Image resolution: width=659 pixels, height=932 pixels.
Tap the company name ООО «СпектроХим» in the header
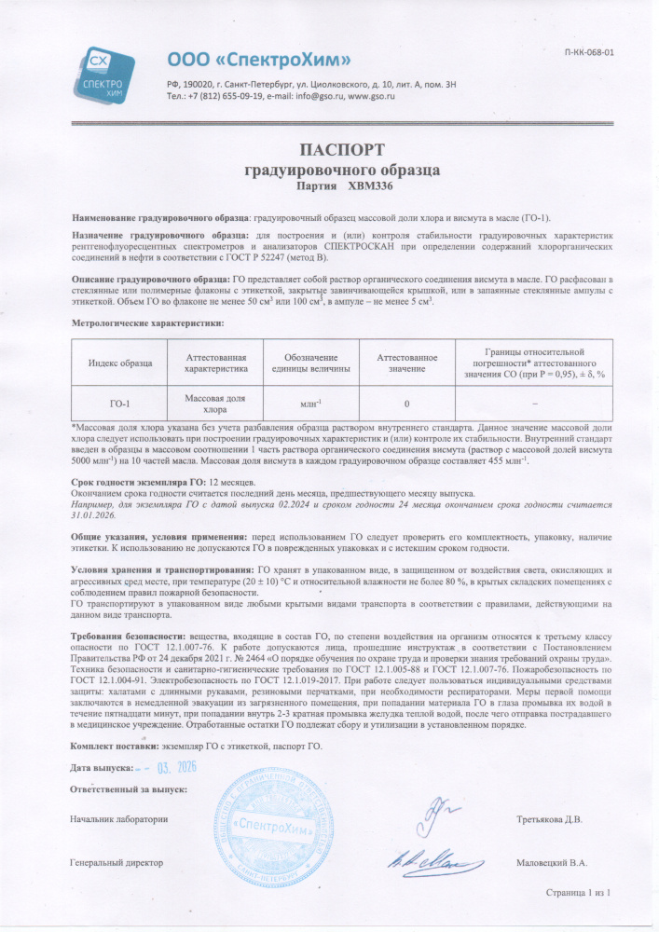pyautogui.click(x=259, y=61)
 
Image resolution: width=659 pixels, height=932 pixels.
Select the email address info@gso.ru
pyautogui.click(x=321, y=96)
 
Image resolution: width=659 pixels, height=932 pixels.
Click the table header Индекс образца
pyautogui.click(x=119, y=363)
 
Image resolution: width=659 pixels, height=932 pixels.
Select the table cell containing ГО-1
pyautogui.click(x=119, y=403)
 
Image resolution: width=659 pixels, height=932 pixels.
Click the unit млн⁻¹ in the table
pyautogui.click(x=310, y=403)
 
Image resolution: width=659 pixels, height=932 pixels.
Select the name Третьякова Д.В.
pyautogui.click(x=549, y=819)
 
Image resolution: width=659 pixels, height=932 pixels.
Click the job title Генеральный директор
pyautogui.click(x=117, y=863)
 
